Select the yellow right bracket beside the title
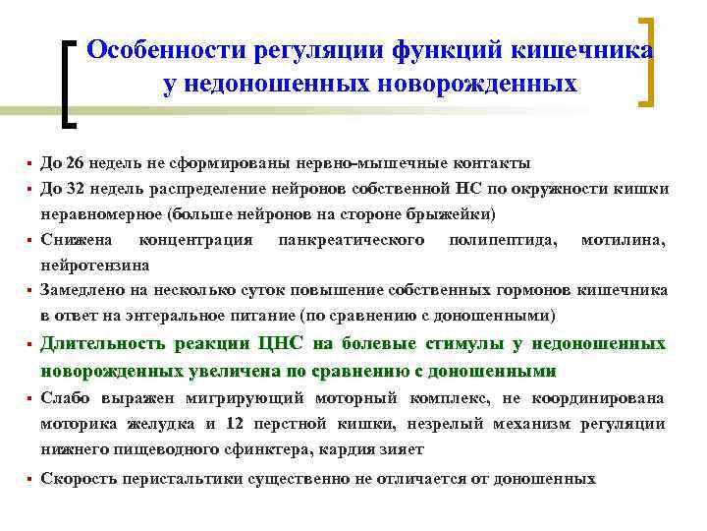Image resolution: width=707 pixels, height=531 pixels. [648, 60]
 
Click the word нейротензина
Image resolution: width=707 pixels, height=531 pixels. [95, 265]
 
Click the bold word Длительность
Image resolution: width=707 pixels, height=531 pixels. [101, 344]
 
